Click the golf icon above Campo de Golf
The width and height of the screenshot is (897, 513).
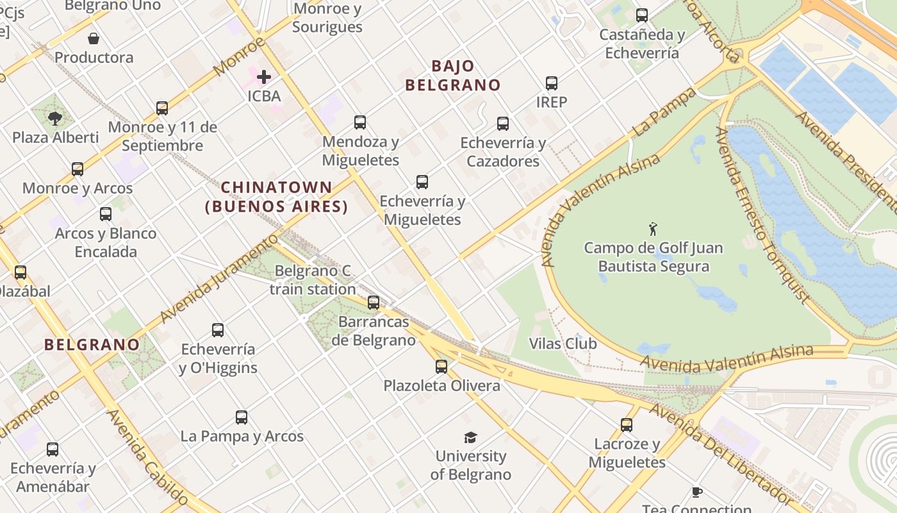[653, 229]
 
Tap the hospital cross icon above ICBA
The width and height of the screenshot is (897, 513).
[263, 78]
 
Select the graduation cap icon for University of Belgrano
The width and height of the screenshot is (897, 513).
[471, 437]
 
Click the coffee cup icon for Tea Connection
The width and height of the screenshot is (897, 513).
[697, 492]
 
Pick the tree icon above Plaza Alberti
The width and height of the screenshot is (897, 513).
[55, 118]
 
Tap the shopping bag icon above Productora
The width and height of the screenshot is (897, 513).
[94, 38]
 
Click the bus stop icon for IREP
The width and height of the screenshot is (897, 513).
[552, 83]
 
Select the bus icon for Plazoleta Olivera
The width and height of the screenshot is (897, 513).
[441, 367]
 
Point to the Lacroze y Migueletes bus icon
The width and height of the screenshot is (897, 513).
[627, 425]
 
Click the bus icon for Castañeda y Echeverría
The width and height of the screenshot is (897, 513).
[642, 15]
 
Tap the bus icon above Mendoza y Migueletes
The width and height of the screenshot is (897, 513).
[360, 122]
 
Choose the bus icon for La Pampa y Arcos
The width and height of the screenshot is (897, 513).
[242, 417]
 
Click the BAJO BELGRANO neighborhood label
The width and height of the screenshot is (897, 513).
[453, 76]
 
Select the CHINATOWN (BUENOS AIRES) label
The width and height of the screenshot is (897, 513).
[277, 198]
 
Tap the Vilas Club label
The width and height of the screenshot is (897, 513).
[563, 344]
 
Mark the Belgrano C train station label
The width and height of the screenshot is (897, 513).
[313, 280]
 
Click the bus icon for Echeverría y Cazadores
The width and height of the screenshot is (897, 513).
[503, 124]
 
